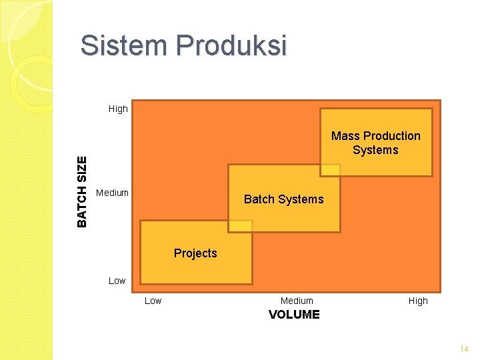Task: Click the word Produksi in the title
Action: pos(231,46)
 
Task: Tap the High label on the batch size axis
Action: pos(118,109)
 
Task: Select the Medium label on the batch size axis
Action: pos(112,193)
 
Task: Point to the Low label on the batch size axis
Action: pos(117,281)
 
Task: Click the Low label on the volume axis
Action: pos(153,301)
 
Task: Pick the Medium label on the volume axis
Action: pos(297,301)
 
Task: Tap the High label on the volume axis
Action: pos(418,301)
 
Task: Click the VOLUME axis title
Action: pos(294,315)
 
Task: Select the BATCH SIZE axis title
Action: pos(82,191)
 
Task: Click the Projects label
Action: pos(195,253)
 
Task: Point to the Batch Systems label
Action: pos(283,199)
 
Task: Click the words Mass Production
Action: pos(376,136)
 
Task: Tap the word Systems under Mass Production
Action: pos(375,150)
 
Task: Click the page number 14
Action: pos(464,349)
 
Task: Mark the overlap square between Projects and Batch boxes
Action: pos(240,225)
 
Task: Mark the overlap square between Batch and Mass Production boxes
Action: pos(330,170)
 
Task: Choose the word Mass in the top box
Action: pos(345,136)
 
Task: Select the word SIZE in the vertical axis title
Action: pos(82,169)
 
